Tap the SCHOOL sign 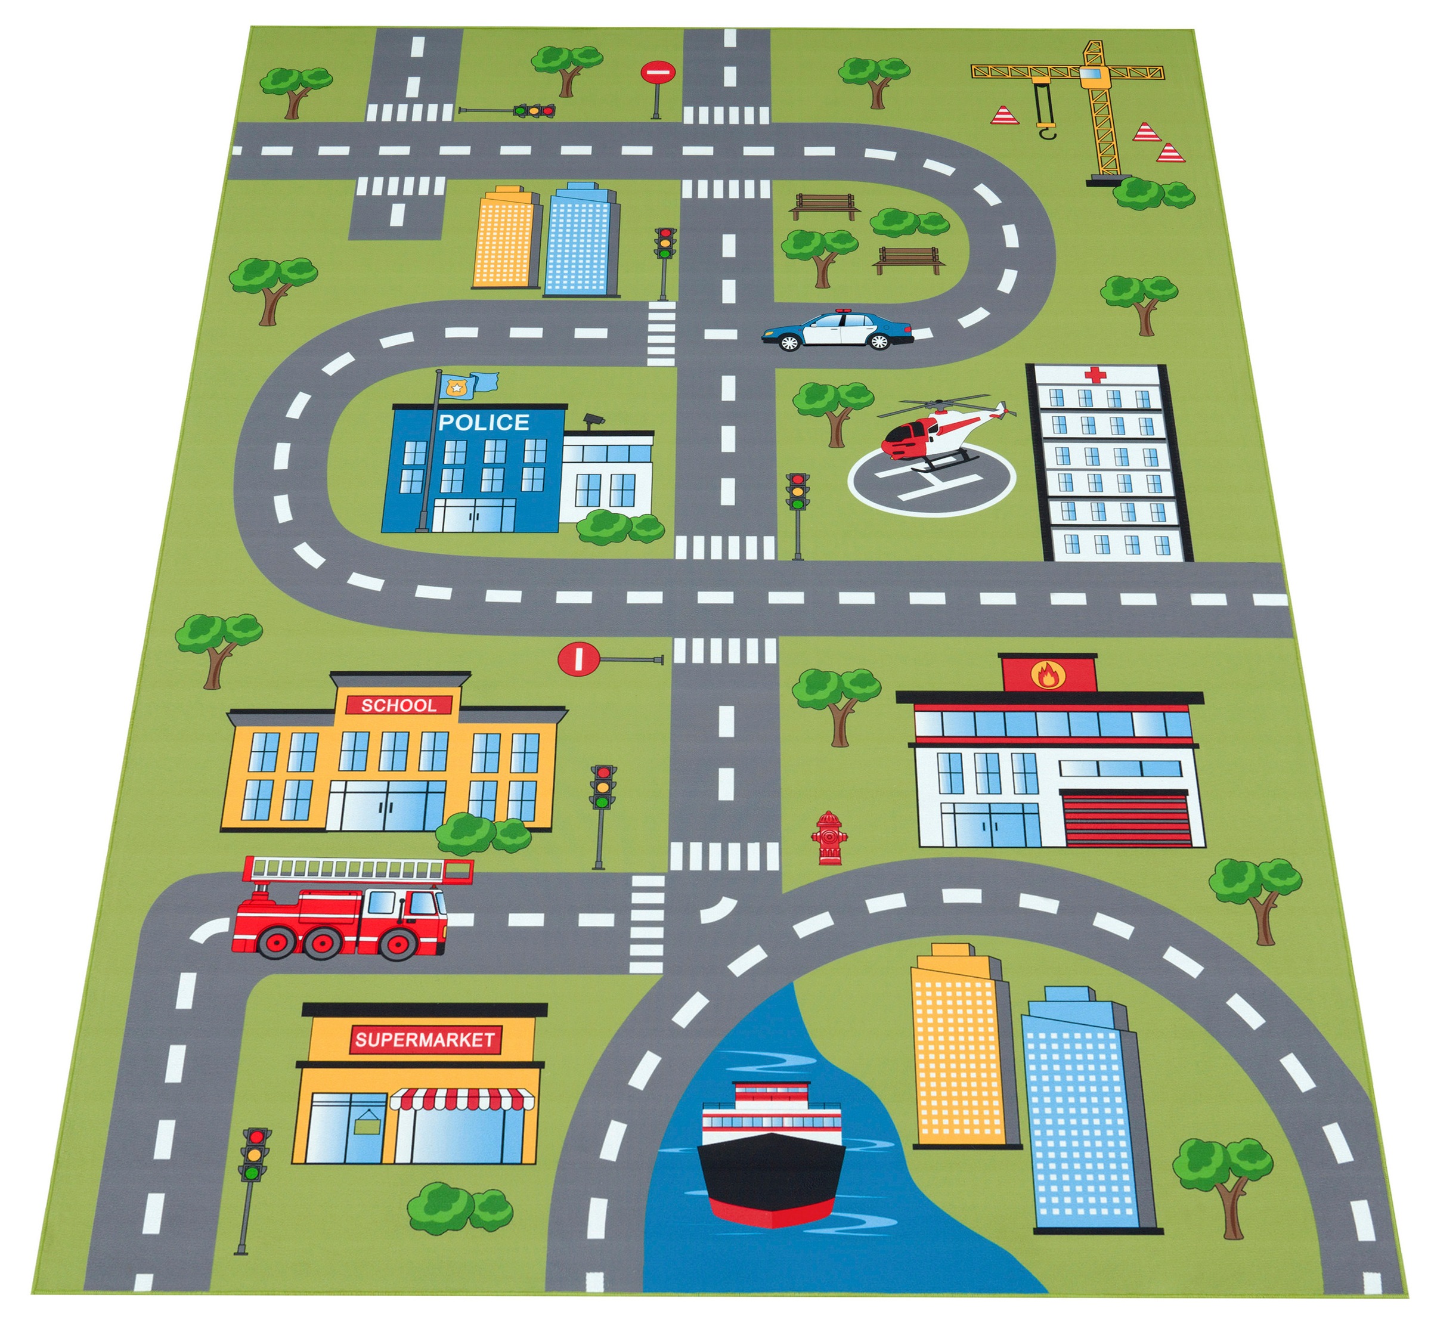pos(398,705)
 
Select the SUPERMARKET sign pos(425,1039)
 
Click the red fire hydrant pos(828,838)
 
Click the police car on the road pos(837,330)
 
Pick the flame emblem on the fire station pos(1047,674)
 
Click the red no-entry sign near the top pos(656,72)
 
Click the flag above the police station pos(470,386)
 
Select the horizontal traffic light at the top pos(534,110)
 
